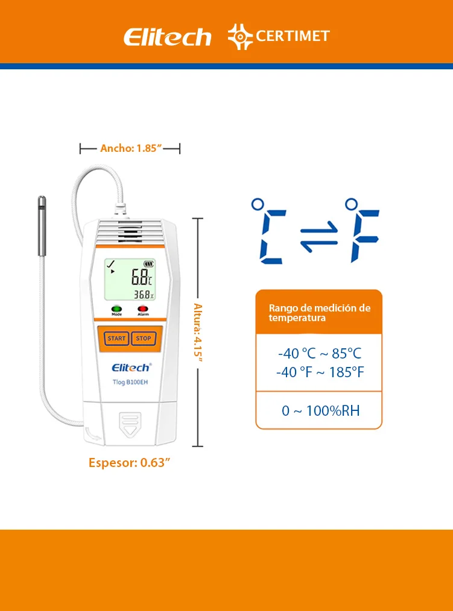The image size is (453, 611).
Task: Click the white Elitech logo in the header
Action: pyautogui.click(x=168, y=37)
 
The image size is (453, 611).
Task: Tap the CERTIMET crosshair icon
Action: pyautogui.click(x=240, y=37)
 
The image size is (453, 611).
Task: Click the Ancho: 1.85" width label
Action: pyautogui.click(x=131, y=148)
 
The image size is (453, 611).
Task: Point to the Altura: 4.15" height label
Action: pyautogui.click(x=198, y=332)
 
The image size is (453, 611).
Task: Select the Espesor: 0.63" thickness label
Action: pyautogui.click(x=129, y=463)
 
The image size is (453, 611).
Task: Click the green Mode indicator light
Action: pyautogui.click(x=116, y=309)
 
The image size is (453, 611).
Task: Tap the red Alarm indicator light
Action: pyautogui.click(x=143, y=309)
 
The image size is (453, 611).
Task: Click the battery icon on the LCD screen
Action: pyautogui.click(x=148, y=264)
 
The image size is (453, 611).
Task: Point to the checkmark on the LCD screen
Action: pyautogui.click(x=111, y=264)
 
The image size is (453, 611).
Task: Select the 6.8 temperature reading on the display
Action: pyautogui.click(x=139, y=277)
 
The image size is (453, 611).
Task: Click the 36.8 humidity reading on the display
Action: pyautogui.click(x=142, y=295)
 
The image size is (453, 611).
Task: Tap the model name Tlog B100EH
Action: pyautogui.click(x=130, y=382)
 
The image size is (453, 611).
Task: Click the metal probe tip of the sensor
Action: pyautogui.click(x=42, y=226)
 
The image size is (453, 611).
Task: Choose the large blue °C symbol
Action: pyautogui.click(x=269, y=231)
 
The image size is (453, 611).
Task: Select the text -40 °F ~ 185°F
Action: pyautogui.click(x=320, y=372)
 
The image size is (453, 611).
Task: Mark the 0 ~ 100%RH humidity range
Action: pyautogui.click(x=321, y=411)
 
